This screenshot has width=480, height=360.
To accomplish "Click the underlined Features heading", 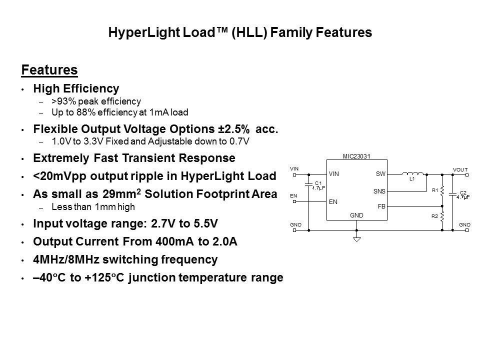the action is tap(49, 70).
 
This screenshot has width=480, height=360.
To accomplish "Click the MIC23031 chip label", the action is tap(356, 156).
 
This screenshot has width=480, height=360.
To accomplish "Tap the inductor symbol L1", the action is tap(412, 173).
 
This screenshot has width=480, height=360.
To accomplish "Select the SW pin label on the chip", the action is tap(380, 174).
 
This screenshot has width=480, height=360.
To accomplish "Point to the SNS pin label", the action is tap(379, 191).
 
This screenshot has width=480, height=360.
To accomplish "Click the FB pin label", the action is tap(381, 206).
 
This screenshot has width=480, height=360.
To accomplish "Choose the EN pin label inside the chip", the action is tap(333, 201).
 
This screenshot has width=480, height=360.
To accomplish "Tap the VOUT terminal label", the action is tap(460, 169).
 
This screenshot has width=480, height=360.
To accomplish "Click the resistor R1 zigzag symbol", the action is tap(442, 190).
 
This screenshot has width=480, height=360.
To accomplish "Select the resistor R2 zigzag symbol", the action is tap(442, 216).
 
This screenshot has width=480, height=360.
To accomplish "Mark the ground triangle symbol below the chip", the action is tap(356, 239).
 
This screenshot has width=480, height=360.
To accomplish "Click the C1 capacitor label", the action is tap(318, 183).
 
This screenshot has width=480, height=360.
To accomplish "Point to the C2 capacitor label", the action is tap(463, 192).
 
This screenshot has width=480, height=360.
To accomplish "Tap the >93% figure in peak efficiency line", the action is tap(64, 101).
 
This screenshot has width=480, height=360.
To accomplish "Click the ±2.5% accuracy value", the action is tap(234, 129).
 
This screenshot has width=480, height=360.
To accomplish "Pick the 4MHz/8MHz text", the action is tap(66, 259).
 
